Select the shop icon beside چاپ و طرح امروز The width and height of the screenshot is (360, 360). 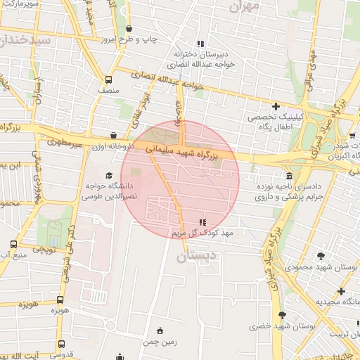[x=128, y=28]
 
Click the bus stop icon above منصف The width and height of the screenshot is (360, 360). [x=108, y=79]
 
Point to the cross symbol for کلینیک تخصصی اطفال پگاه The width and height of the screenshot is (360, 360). [x=276, y=105]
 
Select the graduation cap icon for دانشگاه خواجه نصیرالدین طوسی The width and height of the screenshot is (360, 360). [x=108, y=175]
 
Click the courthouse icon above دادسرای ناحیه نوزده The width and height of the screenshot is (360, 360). [x=289, y=175]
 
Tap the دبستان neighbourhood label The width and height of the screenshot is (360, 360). [x=193, y=257]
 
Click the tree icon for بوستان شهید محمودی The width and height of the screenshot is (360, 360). [x=321, y=256]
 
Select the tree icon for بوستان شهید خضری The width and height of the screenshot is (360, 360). [x=282, y=315]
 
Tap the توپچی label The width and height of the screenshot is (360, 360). [x=44, y=249]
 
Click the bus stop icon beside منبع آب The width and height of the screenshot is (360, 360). [x=13, y=245]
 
